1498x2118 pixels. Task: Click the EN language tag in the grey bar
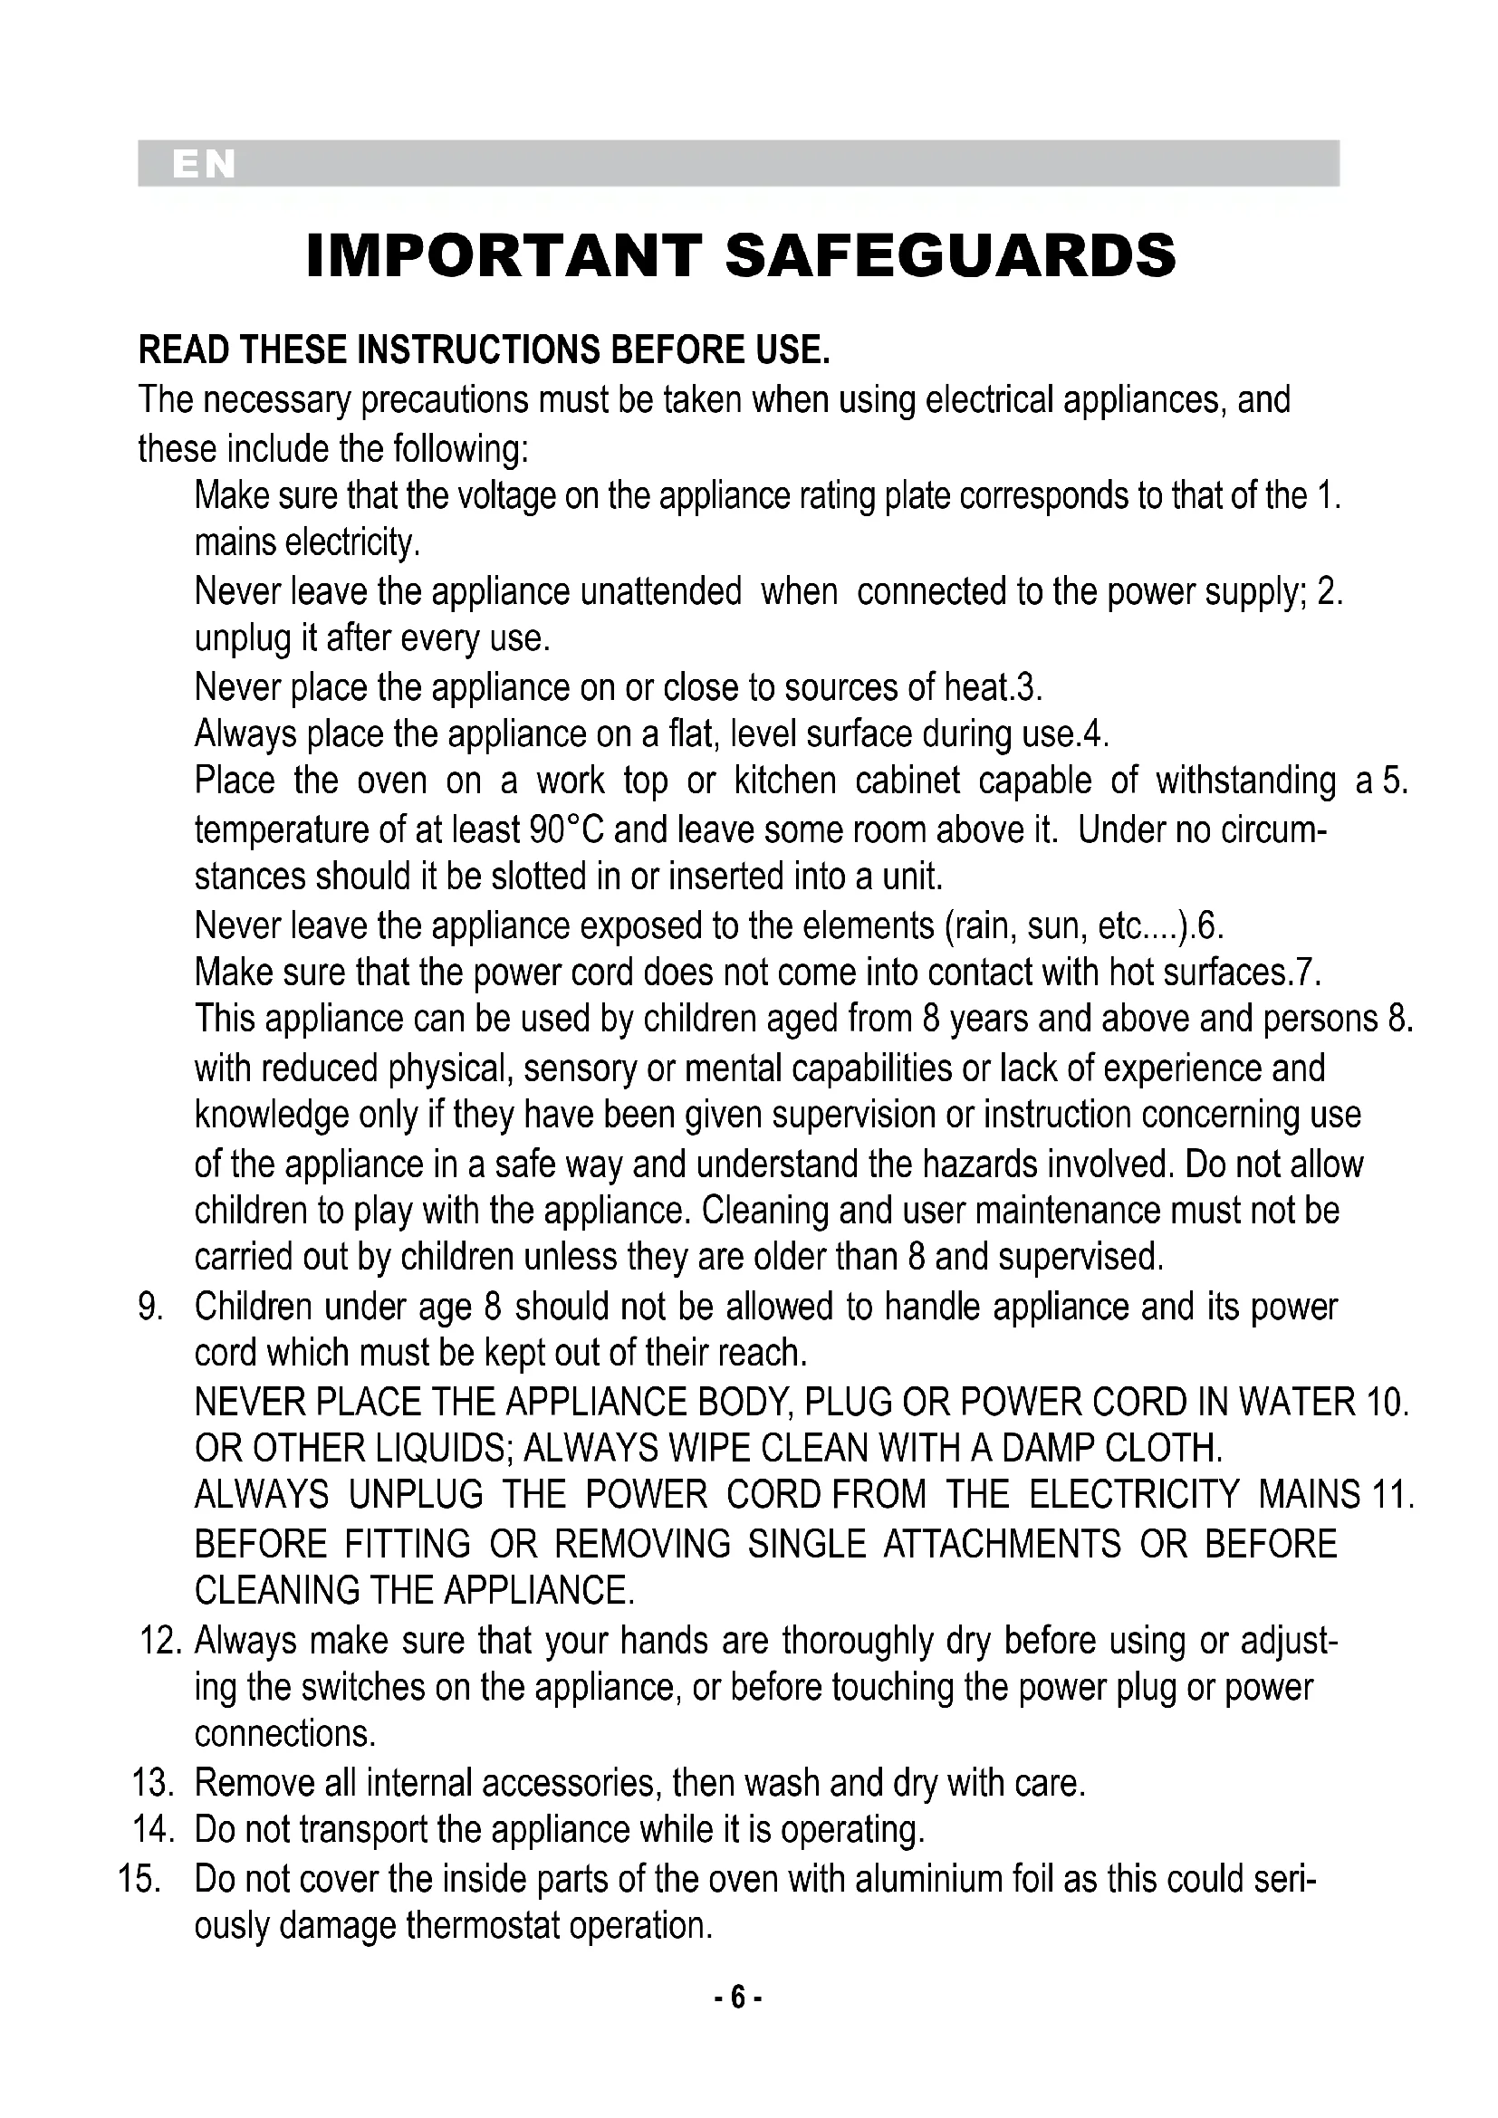point(204,164)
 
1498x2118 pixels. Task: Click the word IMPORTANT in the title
point(504,255)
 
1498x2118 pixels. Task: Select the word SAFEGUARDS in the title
point(951,255)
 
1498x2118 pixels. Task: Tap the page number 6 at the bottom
point(737,1998)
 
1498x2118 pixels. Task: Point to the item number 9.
point(150,1308)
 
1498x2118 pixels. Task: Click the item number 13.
point(153,1783)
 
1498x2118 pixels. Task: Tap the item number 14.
point(153,1830)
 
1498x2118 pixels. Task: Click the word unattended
point(660,591)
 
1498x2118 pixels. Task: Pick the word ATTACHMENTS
point(1002,1544)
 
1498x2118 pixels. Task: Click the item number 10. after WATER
point(1388,1402)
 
